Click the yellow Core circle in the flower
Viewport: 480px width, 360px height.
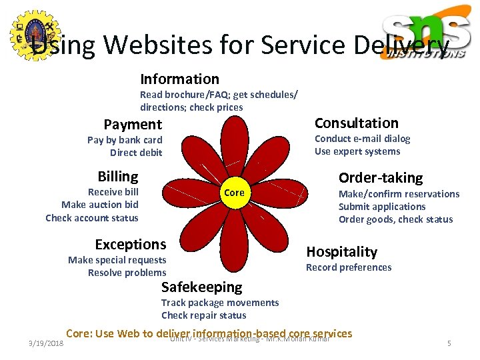(x=234, y=192)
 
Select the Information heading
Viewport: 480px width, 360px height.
(x=179, y=79)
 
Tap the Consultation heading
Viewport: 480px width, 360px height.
(x=356, y=123)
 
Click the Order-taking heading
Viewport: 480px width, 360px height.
(x=380, y=177)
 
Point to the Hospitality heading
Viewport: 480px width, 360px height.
(x=341, y=251)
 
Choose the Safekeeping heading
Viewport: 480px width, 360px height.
(x=201, y=287)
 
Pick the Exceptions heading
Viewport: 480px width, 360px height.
(x=130, y=244)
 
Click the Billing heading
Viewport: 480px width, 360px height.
(x=117, y=176)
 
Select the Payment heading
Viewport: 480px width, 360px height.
(x=133, y=124)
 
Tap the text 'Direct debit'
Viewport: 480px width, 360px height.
(x=136, y=153)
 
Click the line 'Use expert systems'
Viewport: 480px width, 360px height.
(x=357, y=151)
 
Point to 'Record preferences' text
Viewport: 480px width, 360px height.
(x=349, y=267)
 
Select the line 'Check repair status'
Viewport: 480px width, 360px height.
(x=203, y=315)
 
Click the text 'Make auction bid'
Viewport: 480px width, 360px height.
(x=100, y=205)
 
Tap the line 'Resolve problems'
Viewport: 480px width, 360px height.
(x=127, y=273)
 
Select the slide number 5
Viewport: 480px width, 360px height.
(x=449, y=343)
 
